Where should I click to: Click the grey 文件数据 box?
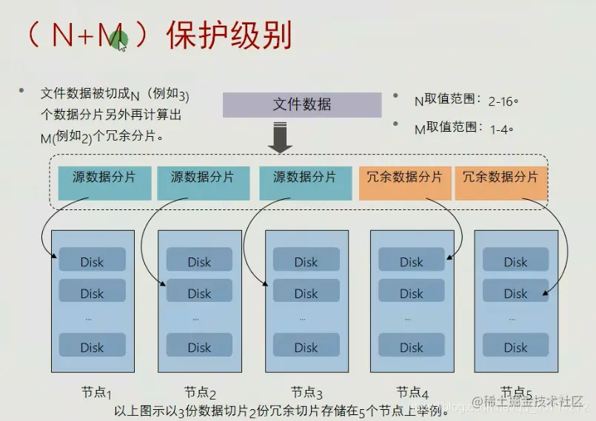tap(302, 104)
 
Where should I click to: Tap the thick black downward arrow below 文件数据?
tap(281, 138)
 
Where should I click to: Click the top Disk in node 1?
tap(92, 261)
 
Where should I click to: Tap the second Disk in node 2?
tap(199, 293)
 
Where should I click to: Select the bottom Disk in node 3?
tap(306, 347)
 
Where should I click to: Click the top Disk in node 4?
tap(412, 261)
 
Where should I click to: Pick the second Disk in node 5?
tap(515, 293)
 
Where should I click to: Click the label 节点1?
tap(96, 392)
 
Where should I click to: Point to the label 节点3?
tap(307, 392)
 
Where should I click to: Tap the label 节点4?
tap(412, 392)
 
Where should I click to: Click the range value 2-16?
tap(501, 100)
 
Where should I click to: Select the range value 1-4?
tap(501, 128)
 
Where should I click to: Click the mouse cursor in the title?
tap(121, 44)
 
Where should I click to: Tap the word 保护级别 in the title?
tap(229, 36)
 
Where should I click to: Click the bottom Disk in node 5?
tap(515, 347)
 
